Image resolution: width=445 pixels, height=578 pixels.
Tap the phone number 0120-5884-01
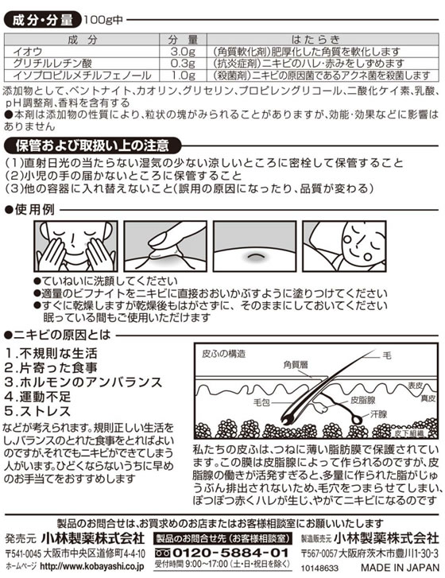(233, 552)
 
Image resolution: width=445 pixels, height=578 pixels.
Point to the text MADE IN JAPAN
(401, 568)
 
